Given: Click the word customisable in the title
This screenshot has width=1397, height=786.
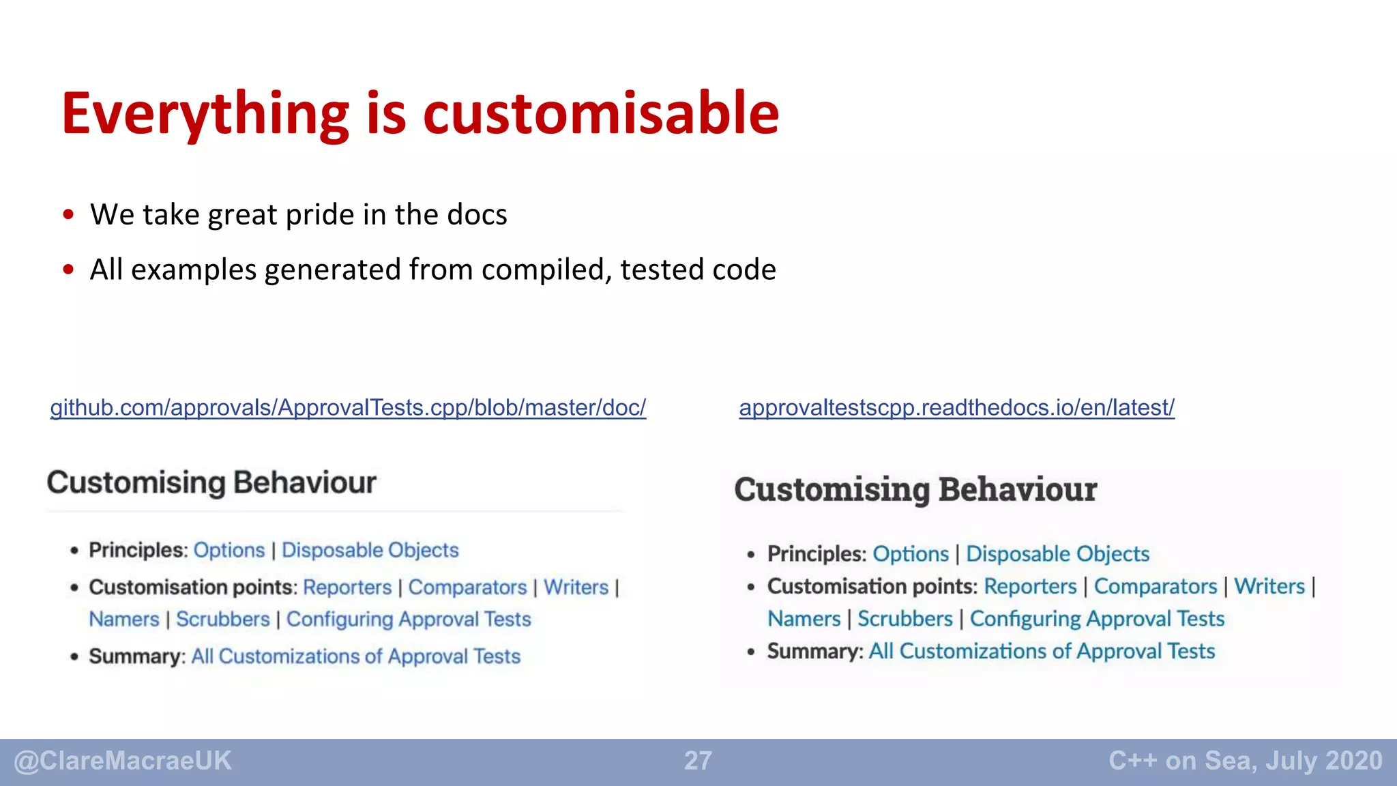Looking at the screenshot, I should pyautogui.click(x=600, y=113).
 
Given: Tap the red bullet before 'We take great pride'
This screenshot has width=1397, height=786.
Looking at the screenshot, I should pyautogui.click(x=68, y=215).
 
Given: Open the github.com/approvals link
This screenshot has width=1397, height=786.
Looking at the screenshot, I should pyautogui.click(x=348, y=408).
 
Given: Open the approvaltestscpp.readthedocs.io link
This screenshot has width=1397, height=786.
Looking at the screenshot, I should pyautogui.click(x=956, y=408).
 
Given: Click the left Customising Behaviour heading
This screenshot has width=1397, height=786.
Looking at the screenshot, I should pyautogui.click(x=211, y=483).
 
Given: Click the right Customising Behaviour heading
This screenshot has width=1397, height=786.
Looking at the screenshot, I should pyautogui.click(x=915, y=490).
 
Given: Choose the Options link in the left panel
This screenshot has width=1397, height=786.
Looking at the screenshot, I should pyautogui.click(x=229, y=550).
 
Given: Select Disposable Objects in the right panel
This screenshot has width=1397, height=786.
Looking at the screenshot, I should pyautogui.click(x=1057, y=554).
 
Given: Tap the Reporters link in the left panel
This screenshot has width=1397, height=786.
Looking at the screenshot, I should pyautogui.click(x=347, y=587).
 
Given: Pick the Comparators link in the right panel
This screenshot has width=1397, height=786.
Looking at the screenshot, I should pyautogui.click(x=1155, y=587).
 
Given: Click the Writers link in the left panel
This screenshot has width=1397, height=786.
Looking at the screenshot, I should pyautogui.click(x=576, y=587).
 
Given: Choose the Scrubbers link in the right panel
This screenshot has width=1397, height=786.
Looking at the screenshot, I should pyautogui.click(x=905, y=619).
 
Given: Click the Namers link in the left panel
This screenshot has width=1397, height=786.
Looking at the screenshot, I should pyautogui.click(x=123, y=620).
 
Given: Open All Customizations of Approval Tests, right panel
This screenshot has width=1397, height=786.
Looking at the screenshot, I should pyautogui.click(x=1041, y=652).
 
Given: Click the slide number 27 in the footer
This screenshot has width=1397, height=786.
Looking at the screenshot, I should pyautogui.click(x=698, y=761).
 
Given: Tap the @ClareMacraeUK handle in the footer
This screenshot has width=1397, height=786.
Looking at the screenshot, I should pyautogui.click(x=123, y=761).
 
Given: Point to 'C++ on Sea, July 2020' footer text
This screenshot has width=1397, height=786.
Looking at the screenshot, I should pyautogui.click(x=1245, y=761).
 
